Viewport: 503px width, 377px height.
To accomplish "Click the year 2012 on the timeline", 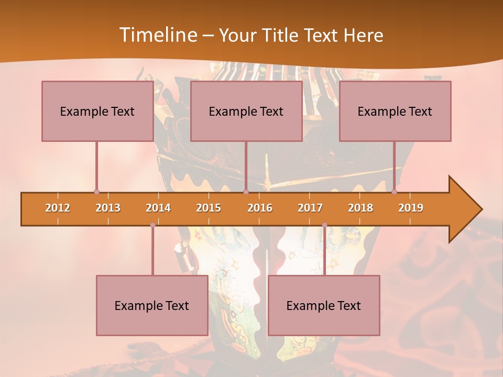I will (x=58, y=208).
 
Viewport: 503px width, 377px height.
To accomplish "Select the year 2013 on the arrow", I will (x=108, y=208).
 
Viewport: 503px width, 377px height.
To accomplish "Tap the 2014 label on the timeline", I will (x=158, y=208).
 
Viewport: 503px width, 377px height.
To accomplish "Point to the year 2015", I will (x=209, y=208).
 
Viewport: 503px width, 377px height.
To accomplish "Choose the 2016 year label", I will (x=260, y=208).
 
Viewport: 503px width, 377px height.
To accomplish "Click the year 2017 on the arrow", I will (x=310, y=208).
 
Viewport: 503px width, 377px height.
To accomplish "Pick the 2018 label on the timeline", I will (x=360, y=208).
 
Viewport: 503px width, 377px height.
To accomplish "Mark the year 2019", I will (x=411, y=208).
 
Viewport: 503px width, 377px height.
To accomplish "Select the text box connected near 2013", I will (x=97, y=111).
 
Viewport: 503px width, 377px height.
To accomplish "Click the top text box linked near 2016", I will (x=246, y=111).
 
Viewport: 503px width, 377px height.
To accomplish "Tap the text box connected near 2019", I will (x=395, y=111).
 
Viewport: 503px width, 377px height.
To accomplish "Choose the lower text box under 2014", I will (x=152, y=305).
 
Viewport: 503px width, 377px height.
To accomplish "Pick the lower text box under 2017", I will (x=324, y=305).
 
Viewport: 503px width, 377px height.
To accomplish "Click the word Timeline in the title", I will (x=157, y=35).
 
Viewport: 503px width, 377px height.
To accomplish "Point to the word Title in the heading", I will (x=282, y=35).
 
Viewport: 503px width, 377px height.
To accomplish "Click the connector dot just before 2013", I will (x=96, y=192).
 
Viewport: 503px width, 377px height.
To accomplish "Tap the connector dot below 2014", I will (x=152, y=225).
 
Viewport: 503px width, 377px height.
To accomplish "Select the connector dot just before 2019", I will (x=394, y=192).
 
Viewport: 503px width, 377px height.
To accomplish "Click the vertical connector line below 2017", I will (x=324, y=251).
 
